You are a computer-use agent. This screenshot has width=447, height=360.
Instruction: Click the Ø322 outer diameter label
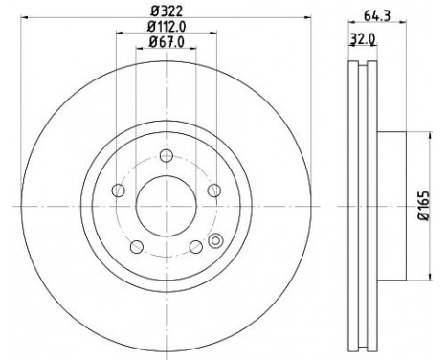(165, 10)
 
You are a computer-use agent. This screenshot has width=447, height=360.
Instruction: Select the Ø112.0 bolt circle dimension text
(167, 26)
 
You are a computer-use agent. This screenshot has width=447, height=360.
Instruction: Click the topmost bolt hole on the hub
(166, 156)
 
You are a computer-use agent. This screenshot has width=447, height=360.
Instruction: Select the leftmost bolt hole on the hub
(119, 190)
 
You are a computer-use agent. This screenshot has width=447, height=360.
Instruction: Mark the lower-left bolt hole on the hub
(137, 245)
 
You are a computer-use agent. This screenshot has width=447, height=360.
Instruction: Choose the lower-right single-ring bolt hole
(195, 245)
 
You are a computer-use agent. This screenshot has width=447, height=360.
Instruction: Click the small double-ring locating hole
(215, 241)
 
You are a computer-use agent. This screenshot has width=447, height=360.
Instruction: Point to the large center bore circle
(166, 205)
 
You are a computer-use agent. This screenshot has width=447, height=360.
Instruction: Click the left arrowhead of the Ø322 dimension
(21, 17)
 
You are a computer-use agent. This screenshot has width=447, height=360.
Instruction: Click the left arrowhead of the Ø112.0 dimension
(119, 34)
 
